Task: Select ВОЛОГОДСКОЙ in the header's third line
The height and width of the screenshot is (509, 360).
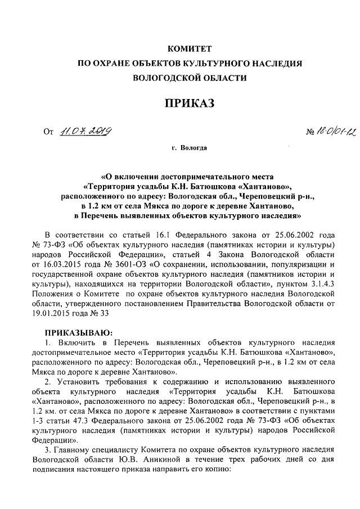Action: click(154, 78)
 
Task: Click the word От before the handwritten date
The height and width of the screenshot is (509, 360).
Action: click(48, 133)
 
